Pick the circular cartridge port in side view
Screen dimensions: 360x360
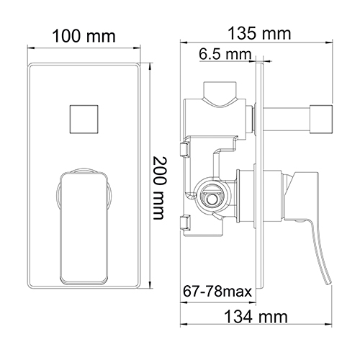(x=211, y=194)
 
